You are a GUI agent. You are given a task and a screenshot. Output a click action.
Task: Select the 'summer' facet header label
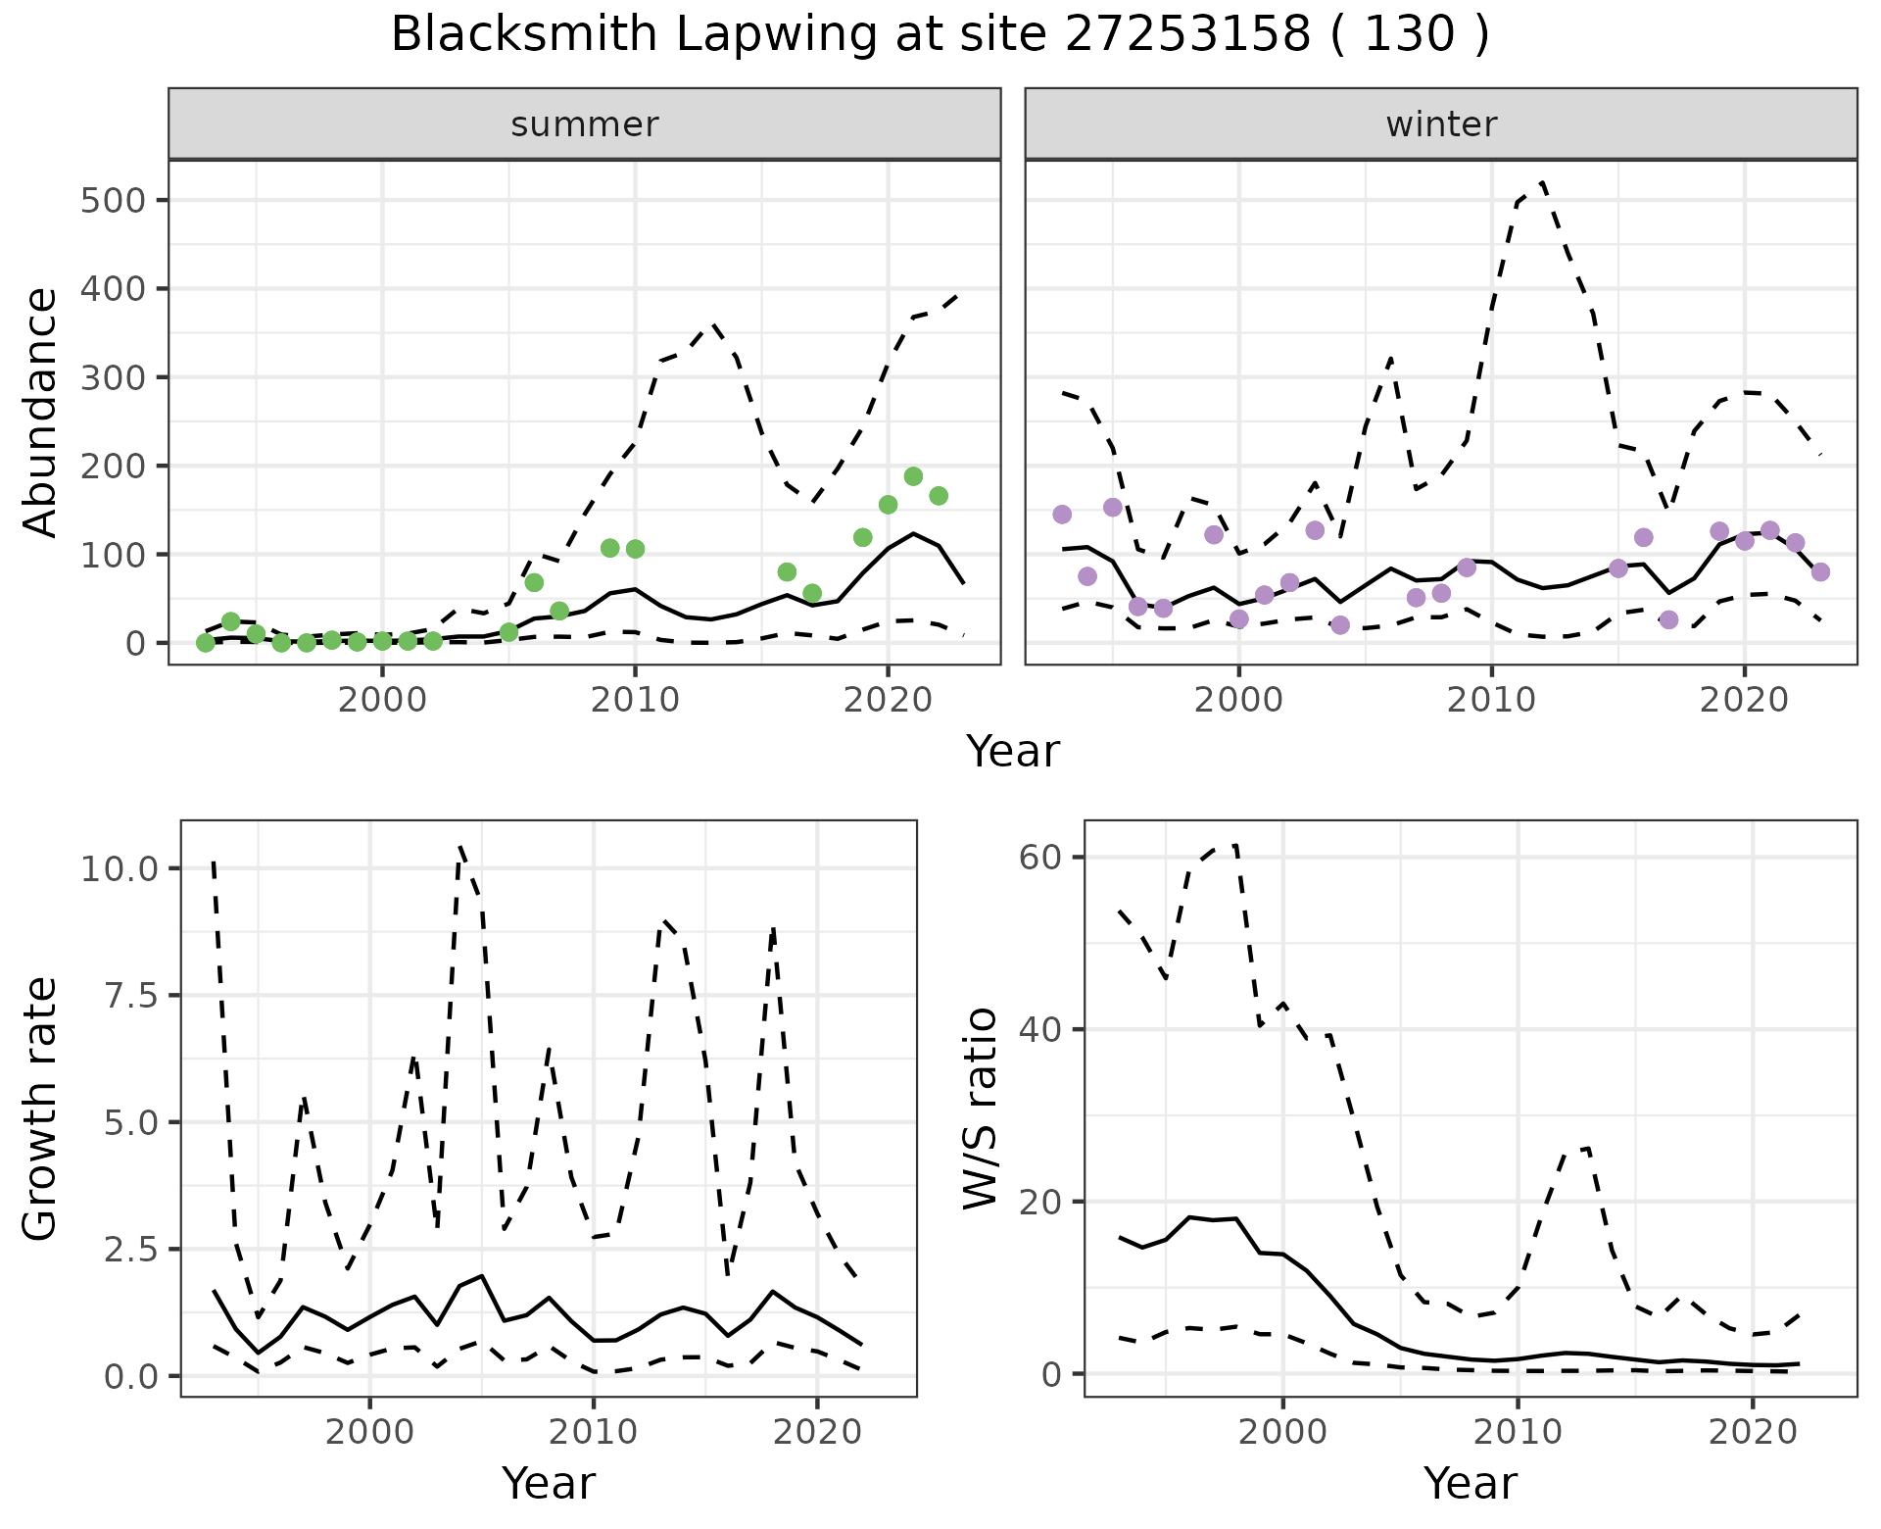tap(584, 124)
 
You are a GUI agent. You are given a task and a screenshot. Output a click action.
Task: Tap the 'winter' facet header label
tap(1440, 124)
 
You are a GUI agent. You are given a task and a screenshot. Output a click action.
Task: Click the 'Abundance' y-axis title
tap(41, 412)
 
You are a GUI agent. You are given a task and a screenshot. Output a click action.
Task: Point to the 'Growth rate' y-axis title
tap(41, 1108)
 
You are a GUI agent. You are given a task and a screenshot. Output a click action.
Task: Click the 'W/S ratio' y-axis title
tap(980, 1108)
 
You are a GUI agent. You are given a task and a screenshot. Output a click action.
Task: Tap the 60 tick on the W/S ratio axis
tap(1041, 857)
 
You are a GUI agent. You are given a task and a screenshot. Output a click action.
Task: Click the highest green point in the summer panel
tap(913, 476)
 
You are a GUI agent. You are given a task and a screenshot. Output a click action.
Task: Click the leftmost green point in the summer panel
tap(205, 643)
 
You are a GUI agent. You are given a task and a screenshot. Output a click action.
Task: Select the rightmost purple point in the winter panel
tap(1820, 572)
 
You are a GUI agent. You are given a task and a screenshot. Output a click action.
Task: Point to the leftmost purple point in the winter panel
tap(1062, 515)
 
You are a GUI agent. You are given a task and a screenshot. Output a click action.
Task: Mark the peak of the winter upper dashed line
tap(1542, 182)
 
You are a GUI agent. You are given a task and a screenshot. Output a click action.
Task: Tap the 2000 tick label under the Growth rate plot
tap(369, 1432)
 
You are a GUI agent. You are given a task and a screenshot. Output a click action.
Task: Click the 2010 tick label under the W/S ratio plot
tap(1518, 1432)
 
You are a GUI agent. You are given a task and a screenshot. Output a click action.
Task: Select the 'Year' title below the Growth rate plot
tap(549, 1484)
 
